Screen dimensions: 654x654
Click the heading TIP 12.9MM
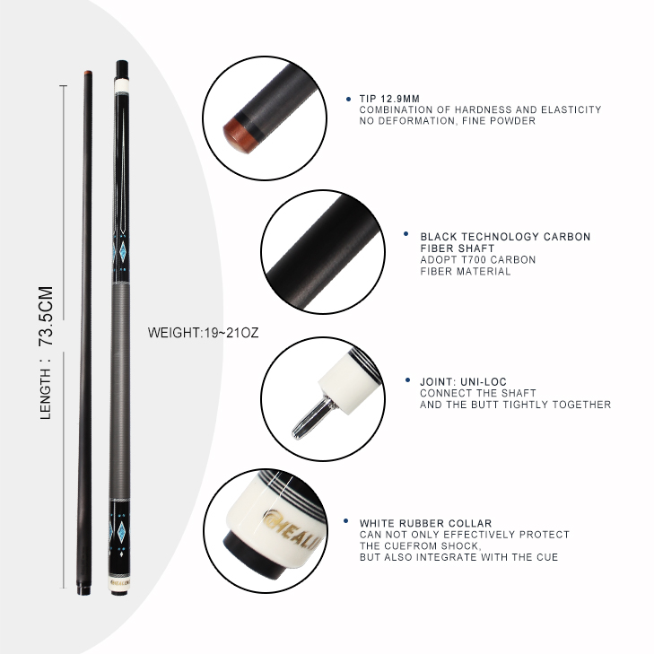pyautogui.click(x=391, y=99)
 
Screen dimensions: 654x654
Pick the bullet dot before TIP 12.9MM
pyautogui.click(x=348, y=99)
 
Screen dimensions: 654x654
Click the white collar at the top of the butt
pyautogui.click(x=122, y=86)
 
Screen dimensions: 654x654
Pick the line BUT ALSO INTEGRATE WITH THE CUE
pyautogui.click(x=458, y=557)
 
